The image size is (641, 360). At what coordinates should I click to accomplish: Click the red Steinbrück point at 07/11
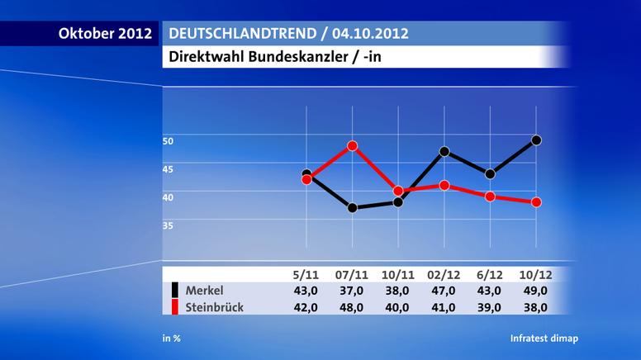tap(353, 146)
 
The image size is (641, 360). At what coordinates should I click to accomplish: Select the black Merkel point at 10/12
tap(536, 140)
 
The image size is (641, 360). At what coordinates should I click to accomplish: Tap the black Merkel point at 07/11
tap(353, 208)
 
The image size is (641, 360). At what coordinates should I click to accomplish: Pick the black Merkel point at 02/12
tap(444, 151)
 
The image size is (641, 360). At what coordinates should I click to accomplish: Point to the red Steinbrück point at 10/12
tap(536, 202)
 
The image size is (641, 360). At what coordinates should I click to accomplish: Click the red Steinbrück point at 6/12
tap(491, 197)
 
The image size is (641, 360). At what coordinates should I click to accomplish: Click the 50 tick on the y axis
tap(168, 141)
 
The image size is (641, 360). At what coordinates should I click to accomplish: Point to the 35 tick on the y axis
tap(168, 225)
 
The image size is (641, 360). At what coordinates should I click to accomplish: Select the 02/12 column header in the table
tap(444, 274)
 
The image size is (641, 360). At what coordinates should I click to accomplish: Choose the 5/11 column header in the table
tap(306, 274)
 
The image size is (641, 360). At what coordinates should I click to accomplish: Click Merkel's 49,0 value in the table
tap(536, 290)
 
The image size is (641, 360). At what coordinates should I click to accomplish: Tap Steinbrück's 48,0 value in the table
tap(353, 307)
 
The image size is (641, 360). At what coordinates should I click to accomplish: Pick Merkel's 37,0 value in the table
tap(353, 290)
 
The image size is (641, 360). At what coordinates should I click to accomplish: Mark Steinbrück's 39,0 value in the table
tap(491, 307)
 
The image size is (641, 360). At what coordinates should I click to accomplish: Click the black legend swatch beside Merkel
tap(175, 290)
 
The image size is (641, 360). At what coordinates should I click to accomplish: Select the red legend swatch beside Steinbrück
tap(175, 307)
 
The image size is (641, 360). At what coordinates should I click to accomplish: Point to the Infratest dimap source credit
tap(544, 339)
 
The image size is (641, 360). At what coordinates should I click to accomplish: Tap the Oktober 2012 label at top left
tap(105, 34)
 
